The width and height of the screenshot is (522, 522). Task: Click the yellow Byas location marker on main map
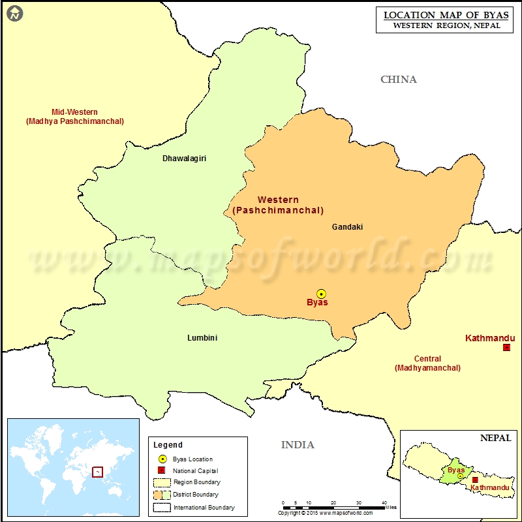[x=321, y=294]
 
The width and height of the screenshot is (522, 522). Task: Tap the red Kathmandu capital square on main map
[x=506, y=348]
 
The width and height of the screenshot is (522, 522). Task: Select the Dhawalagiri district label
[x=185, y=158]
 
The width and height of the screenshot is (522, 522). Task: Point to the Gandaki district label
[x=347, y=227]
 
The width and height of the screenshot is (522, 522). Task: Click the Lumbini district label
[x=202, y=338]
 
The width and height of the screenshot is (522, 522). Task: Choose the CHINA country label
[x=398, y=80]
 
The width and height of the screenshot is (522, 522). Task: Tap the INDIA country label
[x=298, y=445]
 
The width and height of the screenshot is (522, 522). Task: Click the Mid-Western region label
[x=75, y=116]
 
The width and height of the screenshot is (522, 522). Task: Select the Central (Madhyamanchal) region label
[x=427, y=363]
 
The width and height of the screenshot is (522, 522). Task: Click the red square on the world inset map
[x=97, y=471]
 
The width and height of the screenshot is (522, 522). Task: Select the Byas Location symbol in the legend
[x=162, y=459]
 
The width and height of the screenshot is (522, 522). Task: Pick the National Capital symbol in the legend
[x=162, y=470]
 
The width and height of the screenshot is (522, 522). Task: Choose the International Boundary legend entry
[x=204, y=507]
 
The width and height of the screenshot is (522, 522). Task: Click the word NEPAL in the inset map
[x=496, y=438]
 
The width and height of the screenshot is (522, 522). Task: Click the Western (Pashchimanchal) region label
[x=278, y=205]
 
